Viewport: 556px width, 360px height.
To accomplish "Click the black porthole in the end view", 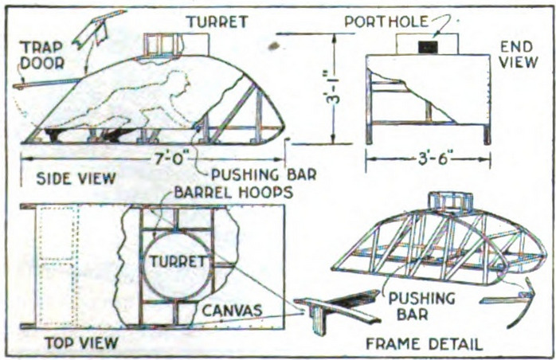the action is click(x=428, y=46).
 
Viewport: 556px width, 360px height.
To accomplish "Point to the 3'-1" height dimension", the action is click(x=332, y=88).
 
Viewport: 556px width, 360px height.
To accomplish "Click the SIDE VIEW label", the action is click(x=76, y=178).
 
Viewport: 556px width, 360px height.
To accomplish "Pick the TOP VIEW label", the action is click(x=81, y=343).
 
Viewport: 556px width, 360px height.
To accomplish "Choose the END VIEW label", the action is click(x=518, y=55).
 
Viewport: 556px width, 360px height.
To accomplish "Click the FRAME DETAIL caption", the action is click(x=424, y=344).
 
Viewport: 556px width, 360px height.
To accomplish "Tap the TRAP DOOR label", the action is click(x=42, y=55).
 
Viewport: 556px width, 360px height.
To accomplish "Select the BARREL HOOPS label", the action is click(x=233, y=192).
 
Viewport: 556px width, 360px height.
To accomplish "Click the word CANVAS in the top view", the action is click(x=233, y=311).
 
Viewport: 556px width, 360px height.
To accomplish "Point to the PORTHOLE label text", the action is click(x=386, y=22).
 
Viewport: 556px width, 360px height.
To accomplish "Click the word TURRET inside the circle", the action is click(x=178, y=261).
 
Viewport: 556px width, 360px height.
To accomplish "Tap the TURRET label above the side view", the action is click(x=217, y=22).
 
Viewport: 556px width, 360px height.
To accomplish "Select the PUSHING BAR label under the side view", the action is click(x=264, y=174).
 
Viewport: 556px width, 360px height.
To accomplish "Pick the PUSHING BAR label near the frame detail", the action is click(x=421, y=306).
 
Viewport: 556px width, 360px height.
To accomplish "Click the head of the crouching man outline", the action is click(x=182, y=82).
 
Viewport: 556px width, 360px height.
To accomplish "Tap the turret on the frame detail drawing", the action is click(x=450, y=202).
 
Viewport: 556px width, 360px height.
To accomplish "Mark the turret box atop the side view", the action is click(x=176, y=45).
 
